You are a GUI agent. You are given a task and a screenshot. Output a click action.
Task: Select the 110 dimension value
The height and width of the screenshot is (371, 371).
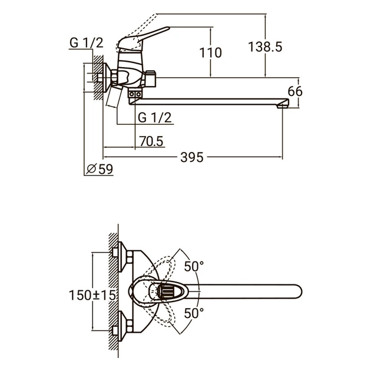(x=211, y=53)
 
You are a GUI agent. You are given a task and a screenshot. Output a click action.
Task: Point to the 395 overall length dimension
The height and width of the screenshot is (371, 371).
(x=191, y=157)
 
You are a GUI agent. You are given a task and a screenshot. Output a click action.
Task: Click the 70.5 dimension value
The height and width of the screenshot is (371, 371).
(x=151, y=141)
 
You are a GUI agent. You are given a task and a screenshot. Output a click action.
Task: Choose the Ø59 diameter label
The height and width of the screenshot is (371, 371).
(x=100, y=169)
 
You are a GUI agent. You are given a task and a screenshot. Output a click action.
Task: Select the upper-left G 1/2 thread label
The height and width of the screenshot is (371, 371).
(x=86, y=43)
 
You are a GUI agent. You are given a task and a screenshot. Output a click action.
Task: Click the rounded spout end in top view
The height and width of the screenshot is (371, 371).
(x=294, y=290)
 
